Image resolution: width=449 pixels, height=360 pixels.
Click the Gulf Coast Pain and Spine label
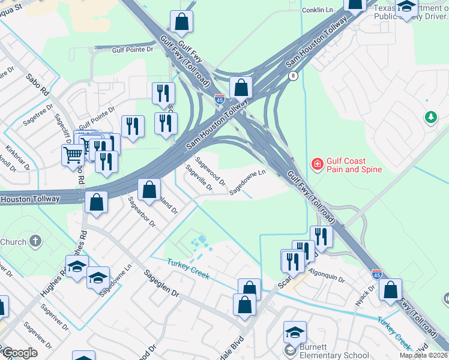click(x=354, y=165)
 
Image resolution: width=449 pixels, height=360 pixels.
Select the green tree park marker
click(x=430, y=117)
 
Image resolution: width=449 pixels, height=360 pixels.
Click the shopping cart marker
click(x=73, y=155)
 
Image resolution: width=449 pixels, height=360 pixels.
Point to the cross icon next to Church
click(x=35, y=242)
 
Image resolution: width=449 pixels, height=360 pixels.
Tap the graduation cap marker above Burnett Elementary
click(x=295, y=332)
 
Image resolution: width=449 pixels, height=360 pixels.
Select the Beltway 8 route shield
click(x=293, y=75)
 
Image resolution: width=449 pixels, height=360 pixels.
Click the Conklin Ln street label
click(x=318, y=10)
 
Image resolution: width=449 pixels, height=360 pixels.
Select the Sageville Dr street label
click(x=199, y=178)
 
